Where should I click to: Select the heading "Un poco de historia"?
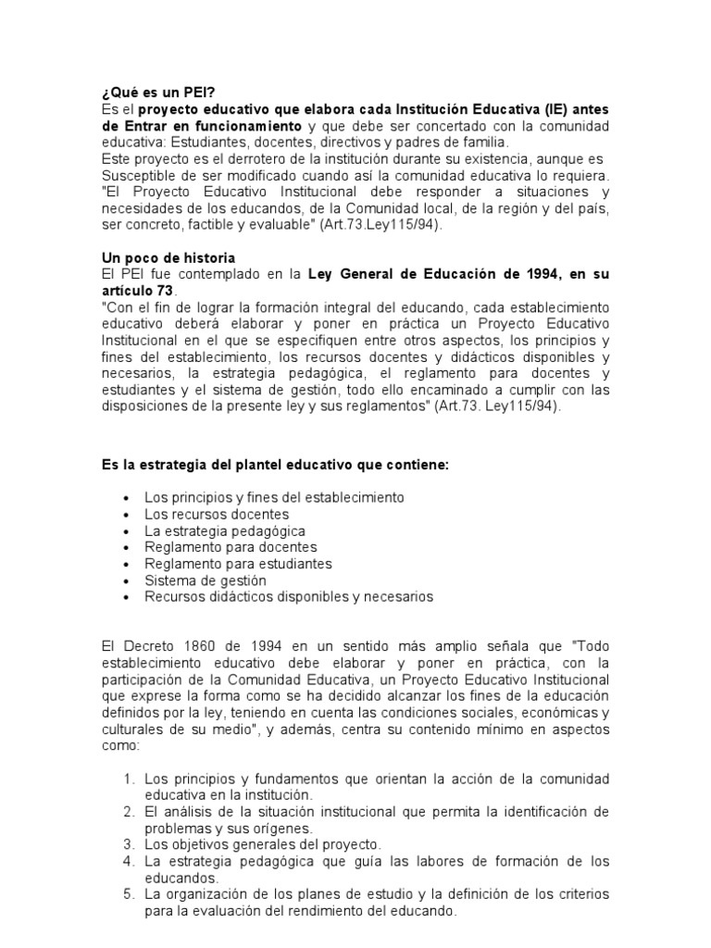[168, 257]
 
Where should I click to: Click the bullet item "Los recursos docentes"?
[217, 514]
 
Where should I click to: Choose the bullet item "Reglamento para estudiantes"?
[238, 564]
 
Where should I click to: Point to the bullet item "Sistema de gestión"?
[205, 580]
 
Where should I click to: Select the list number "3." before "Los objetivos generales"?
[131, 845]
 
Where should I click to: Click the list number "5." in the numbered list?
[131, 895]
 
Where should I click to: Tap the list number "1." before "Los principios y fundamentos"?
[131, 779]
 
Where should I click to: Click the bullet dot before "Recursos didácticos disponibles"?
[125, 598]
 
